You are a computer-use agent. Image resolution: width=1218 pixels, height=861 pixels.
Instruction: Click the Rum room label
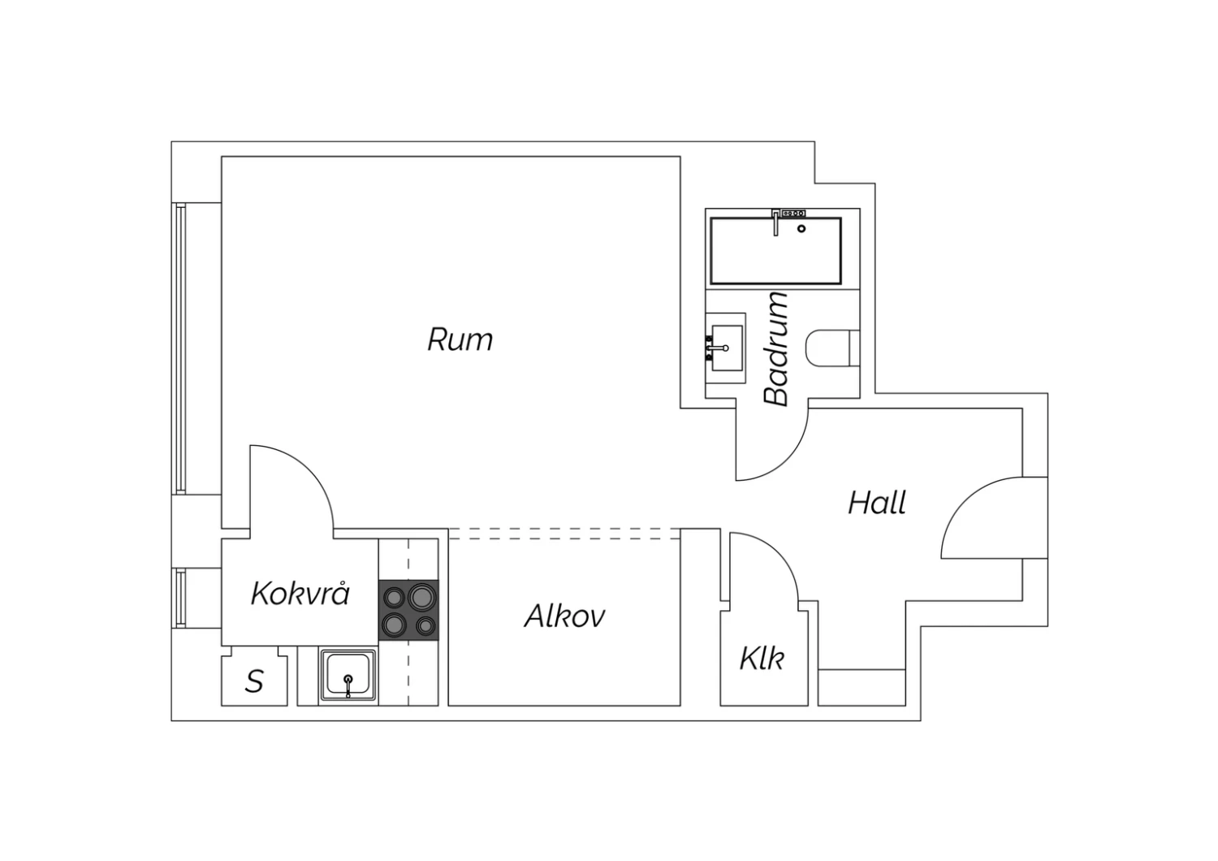(460, 340)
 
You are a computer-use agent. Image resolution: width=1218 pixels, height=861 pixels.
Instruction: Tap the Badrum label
(776, 349)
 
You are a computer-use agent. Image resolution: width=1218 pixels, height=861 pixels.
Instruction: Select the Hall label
(877, 503)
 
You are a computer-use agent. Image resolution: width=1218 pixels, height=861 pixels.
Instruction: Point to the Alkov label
(564, 617)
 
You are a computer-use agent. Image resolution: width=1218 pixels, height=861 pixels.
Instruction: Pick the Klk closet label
(762, 659)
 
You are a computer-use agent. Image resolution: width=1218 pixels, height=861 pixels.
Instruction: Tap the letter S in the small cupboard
(254, 681)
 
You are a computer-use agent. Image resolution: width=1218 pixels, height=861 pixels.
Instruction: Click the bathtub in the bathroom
(776, 251)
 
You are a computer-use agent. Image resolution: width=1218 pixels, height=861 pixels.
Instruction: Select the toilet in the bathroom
(832, 348)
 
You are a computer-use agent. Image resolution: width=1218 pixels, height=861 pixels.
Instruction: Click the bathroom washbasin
(726, 348)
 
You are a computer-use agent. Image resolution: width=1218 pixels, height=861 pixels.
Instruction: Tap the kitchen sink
(348, 675)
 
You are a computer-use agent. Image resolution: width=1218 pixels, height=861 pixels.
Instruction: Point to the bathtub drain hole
(801, 229)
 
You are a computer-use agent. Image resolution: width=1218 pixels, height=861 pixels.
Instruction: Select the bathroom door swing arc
(772, 443)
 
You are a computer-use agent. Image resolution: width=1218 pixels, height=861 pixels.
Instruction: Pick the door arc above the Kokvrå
(292, 487)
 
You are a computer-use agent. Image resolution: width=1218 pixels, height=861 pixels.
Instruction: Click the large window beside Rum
(180, 348)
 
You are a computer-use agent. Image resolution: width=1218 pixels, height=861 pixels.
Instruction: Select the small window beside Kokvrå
(180, 599)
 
